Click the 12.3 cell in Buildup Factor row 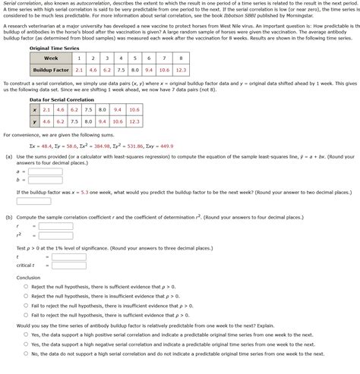point(180,70)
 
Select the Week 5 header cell point(135,58)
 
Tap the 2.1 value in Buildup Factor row point(79,70)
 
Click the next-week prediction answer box point(33,201)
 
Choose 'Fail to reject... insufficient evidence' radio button point(26,306)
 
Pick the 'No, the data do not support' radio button point(26,353)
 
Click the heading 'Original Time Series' point(53,48)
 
